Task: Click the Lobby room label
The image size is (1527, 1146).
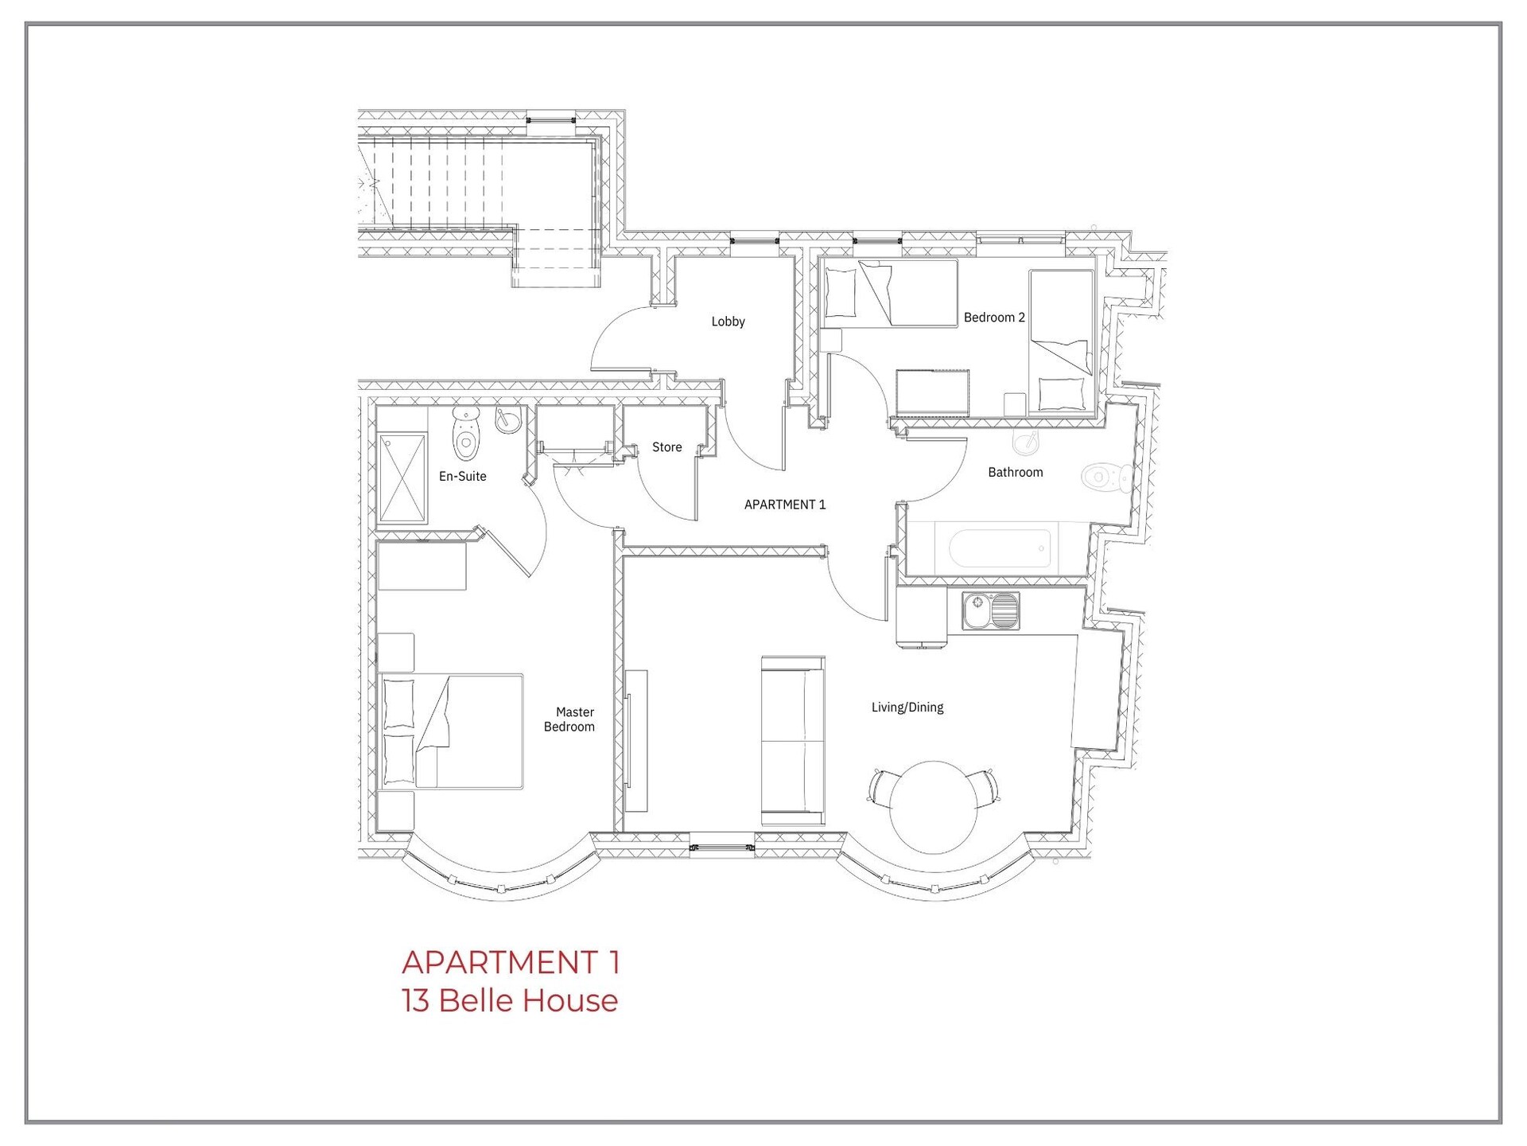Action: point(728,322)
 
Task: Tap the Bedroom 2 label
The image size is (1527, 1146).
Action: point(994,318)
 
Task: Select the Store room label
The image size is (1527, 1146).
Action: point(666,447)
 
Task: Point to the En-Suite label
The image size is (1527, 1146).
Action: point(462,476)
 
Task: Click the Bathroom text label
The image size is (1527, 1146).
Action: point(1015,472)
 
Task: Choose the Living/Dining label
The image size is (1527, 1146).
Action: point(907,707)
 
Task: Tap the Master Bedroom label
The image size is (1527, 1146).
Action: point(569,719)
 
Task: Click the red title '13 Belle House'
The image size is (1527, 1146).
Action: point(510,1000)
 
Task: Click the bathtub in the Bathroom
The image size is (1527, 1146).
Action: point(1000,548)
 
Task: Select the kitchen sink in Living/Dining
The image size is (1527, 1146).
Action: point(990,611)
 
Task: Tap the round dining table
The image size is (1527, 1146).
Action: point(934,807)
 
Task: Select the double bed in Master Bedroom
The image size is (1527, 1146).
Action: point(451,731)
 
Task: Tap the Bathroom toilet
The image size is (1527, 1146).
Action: point(1107,477)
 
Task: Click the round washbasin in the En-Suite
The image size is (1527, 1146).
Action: point(507,419)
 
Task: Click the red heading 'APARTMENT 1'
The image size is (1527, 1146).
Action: point(511,962)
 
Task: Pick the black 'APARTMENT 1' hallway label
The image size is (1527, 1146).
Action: point(785,505)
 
